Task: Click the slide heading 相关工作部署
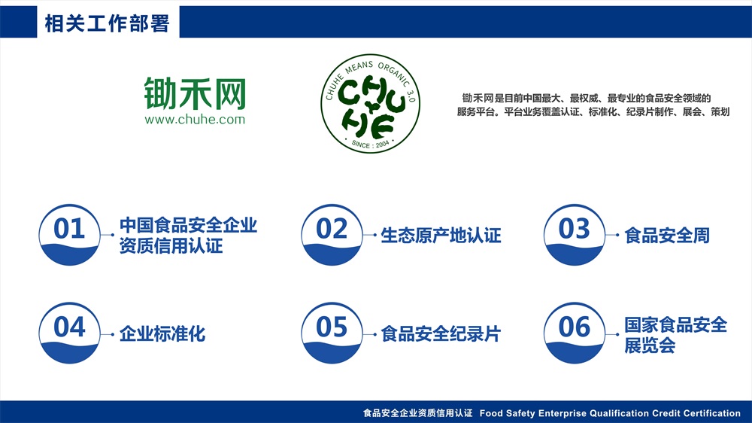[107, 23]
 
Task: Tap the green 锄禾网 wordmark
[195, 93]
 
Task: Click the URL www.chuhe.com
[195, 119]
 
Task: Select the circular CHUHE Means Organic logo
[370, 103]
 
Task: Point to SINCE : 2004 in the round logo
[370, 144]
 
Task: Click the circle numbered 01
[69, 235]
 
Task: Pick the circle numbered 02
[332, 235]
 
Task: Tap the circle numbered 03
[575, 235]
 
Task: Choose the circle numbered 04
[69, 333]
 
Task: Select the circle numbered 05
[332, 333]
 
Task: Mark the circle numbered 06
[575, 333]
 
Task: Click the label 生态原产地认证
[441, 236]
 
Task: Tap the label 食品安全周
[667, 236]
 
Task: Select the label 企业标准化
[162, 333]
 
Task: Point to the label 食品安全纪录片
[441, 333]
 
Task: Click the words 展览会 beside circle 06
[650, 345]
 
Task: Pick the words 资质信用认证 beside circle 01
[171, 246]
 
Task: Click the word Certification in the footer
[711, 413]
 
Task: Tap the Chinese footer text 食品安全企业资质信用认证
[417, 413]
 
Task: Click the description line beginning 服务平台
[593, 111]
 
